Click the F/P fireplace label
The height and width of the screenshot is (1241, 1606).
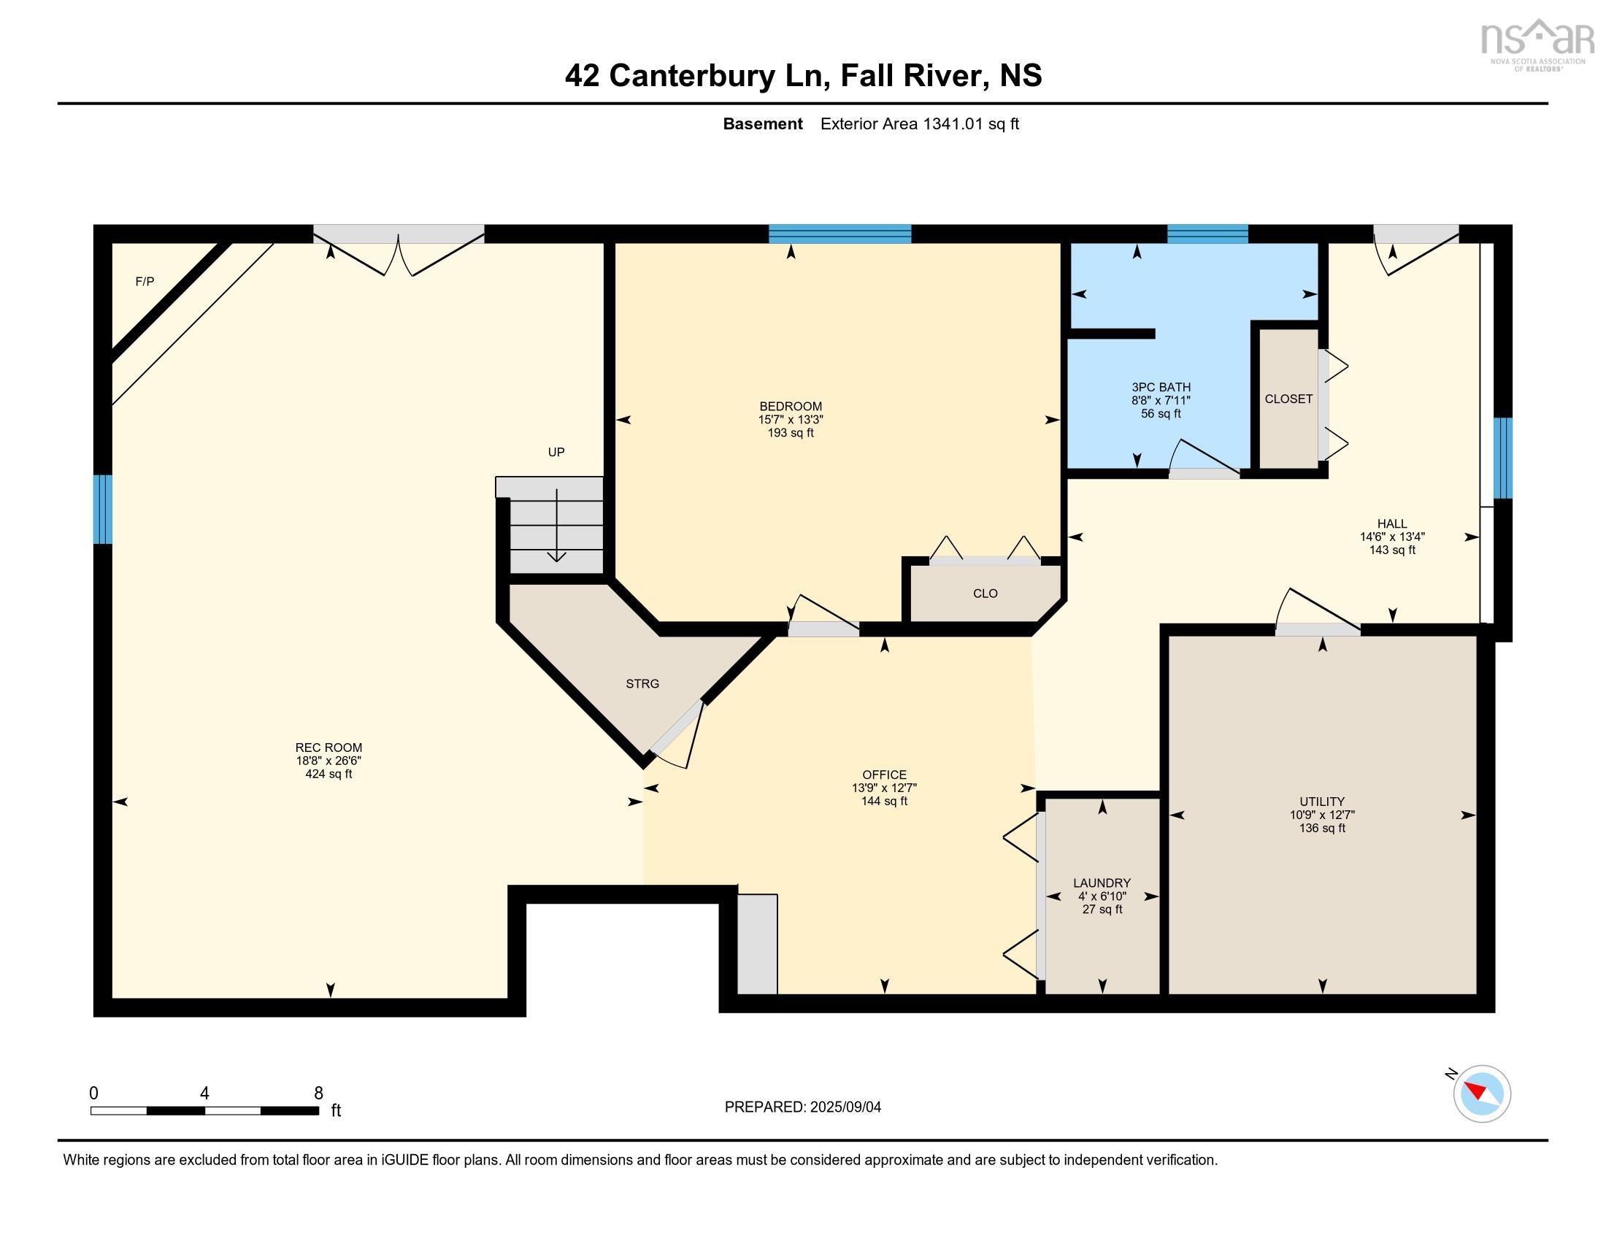coord(145,282)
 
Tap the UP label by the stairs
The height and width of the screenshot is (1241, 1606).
coord(556,452)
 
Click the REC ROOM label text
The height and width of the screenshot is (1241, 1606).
coord(328,748)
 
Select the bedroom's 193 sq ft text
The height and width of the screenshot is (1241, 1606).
coord(791,433)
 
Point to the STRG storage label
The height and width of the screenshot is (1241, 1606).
coord(642,684)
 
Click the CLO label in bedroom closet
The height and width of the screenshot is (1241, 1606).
coord(985,593)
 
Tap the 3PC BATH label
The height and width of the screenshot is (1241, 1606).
coord(1161,388)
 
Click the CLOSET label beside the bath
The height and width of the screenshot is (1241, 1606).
coord(1288,399)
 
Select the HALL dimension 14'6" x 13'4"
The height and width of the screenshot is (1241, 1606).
coord(1392,537)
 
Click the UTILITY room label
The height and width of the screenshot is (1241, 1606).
coord(1321,802)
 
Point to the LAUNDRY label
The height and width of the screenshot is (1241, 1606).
coord(1102,883)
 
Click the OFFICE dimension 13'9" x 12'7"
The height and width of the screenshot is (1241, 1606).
coord(884,788)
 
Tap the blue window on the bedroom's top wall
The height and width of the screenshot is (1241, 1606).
coord(839,234)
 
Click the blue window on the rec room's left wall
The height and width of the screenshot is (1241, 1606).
coord(103,510)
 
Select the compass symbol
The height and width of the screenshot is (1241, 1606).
coord(1482,1094)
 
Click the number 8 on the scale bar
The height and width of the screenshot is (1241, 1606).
coord(318,1094)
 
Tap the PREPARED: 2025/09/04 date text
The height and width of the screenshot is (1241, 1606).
coord(802,1107)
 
